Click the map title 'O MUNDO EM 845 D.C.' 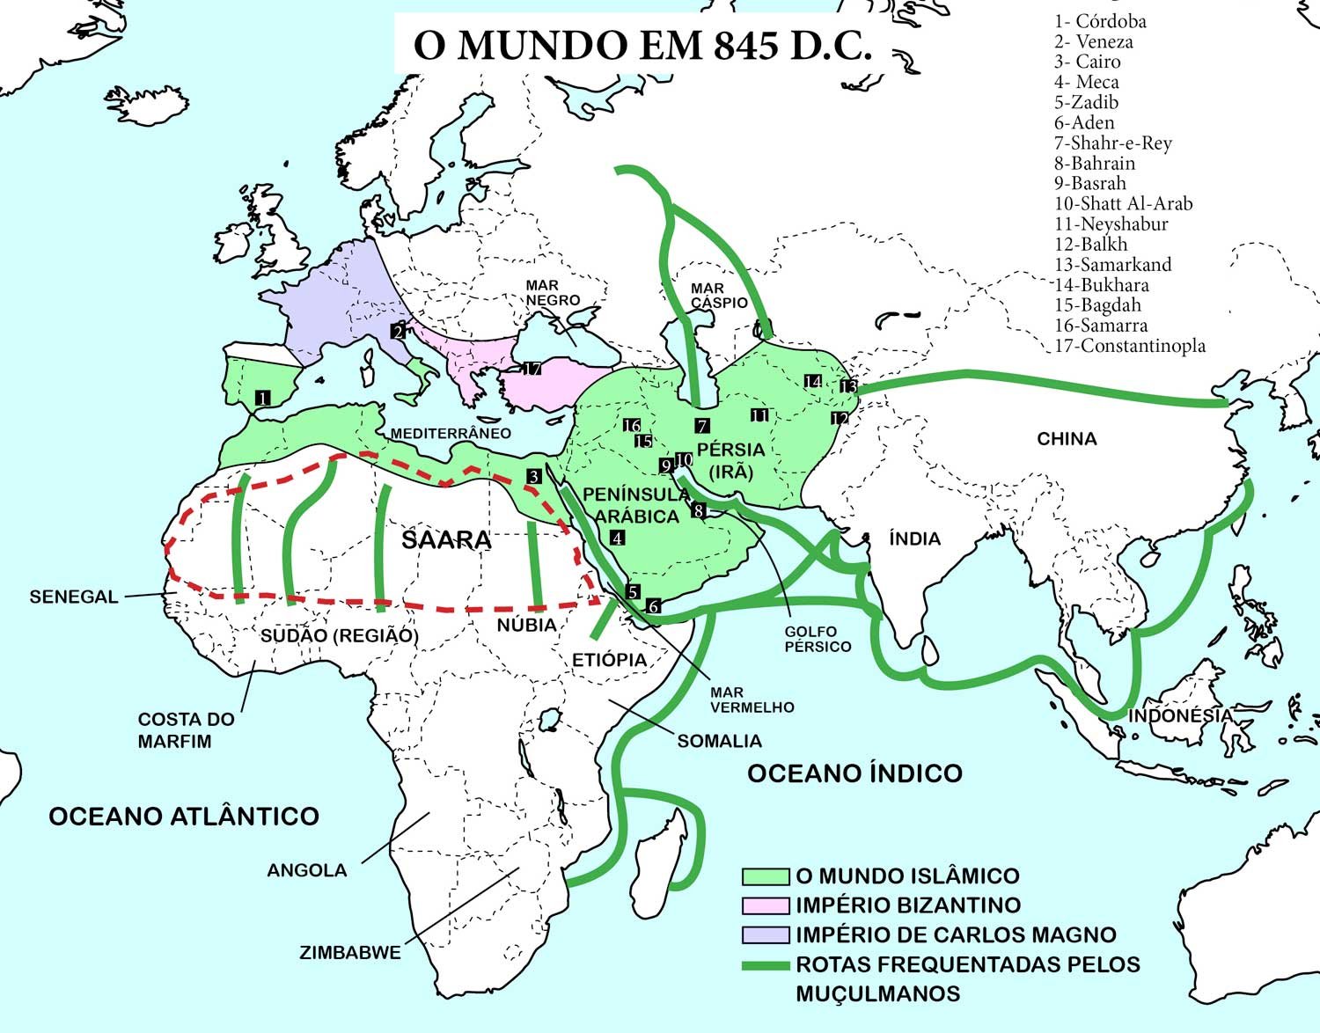(x=642, y=46)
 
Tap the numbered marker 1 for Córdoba (x=262, y=398)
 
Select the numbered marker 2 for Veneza (x=399, y=331)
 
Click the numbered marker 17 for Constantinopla (x=532, y=369)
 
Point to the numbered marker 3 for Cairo (x=534, y=476)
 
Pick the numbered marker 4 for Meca (x=617, y=538)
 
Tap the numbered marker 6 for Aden (x=652, y=605)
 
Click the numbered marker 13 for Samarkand (x=848, y=385)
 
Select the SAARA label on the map (x=446, y=539)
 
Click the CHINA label (x=1067, y=438)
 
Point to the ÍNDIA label (x=914, y=538)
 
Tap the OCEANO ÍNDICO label (x=854, y=773)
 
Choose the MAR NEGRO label (x=553, y=292)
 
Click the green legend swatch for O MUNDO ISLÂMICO (x=765, y=875)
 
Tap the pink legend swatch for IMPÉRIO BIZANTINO (x=765, y=905)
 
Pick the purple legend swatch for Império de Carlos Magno (x=765, y=934)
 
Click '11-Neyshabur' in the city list (x=1111, y=223)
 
